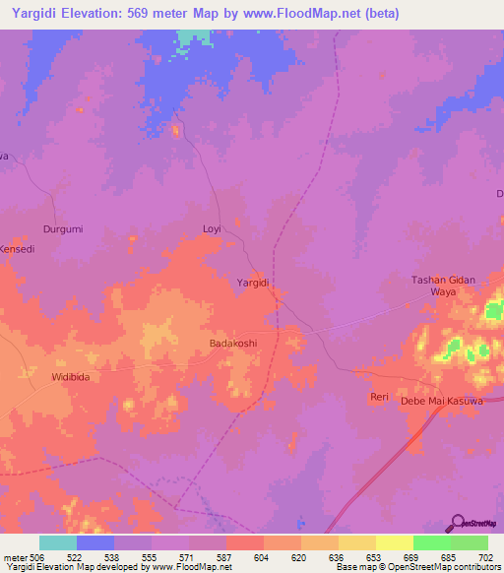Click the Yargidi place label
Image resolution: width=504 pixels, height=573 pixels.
tap(253, 283)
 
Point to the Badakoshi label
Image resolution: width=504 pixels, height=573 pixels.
tap(233, 343)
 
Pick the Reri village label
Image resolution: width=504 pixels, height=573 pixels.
tap(379, 397)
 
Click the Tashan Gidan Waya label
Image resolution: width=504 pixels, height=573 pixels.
tap(443, 286)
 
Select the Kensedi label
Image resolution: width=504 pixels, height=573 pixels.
tap(18, 249)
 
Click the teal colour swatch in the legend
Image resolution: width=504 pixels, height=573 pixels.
tap(58, 542)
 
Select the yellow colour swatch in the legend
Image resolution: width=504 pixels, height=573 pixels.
tap(395, 542)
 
